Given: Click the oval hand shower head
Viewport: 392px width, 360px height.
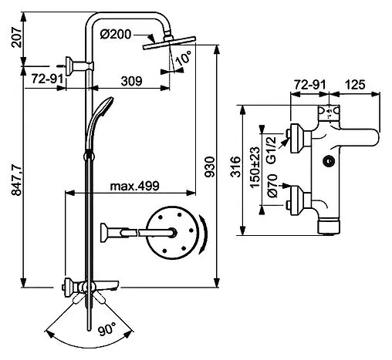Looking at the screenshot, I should pos(106,112).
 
